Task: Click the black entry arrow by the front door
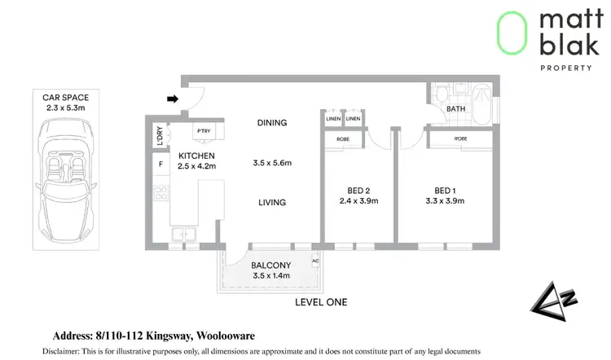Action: tap(172, 99)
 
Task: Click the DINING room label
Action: tap(272, 123)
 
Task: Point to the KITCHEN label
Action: tap(196, 156)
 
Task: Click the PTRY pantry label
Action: tap(203, 130)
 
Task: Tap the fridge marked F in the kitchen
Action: tap(160, 165)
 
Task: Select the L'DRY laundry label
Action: tap(159, 135)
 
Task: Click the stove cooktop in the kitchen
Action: tap(160, 194)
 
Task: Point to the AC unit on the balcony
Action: tap(314, 261)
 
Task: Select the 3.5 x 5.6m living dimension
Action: tap(272, 164)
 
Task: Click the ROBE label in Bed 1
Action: tap(461, 139)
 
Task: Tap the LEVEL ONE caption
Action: tap(321, 302)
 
